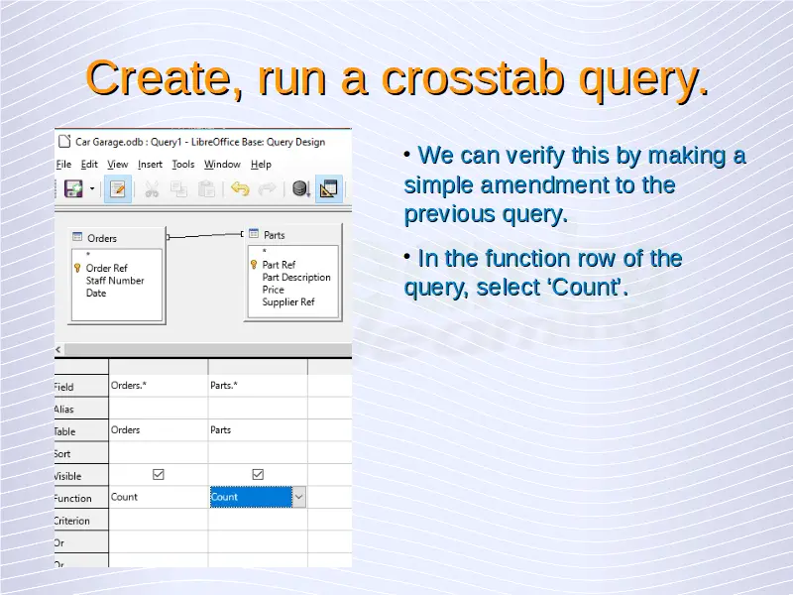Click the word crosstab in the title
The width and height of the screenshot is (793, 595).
click(473, 78)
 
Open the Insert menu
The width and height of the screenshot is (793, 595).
click(151, 165)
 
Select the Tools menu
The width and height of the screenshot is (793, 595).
click(183, 165)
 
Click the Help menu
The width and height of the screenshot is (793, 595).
click(261, 165)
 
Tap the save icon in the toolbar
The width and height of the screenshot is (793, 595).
click(73, 189)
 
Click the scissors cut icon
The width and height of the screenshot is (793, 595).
click(152, 189)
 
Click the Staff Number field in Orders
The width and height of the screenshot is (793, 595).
click(115, 281)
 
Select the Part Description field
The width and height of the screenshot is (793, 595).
click(296, 278)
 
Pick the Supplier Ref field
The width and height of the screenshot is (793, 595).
click(288, 302)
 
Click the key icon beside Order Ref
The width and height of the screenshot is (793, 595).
click(77, 268)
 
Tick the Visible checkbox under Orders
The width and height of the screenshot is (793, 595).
click(159, 475)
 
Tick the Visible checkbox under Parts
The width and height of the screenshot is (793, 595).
click(258, 475)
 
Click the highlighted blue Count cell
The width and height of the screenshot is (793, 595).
click(251, 497)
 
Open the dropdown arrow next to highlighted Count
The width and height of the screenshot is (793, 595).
click(299, 497)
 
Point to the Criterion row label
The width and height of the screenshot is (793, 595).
click(71, 521)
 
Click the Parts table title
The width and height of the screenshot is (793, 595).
click(275, 235)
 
